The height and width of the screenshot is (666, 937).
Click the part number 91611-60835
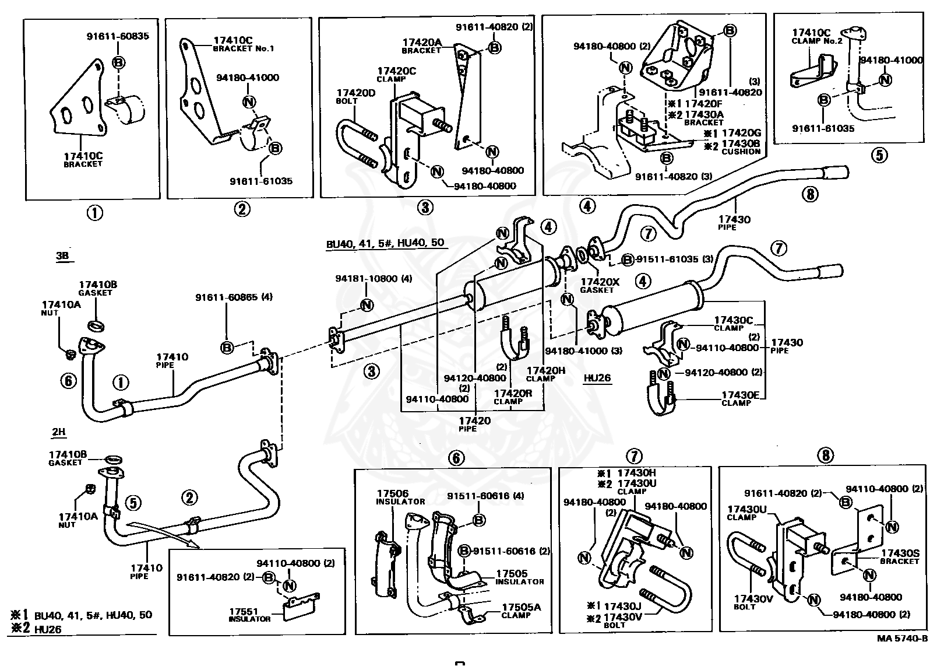tap(118, 36)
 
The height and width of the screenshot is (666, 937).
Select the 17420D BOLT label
tap(356, 97)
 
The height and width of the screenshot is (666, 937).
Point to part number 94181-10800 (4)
tap(374, 279)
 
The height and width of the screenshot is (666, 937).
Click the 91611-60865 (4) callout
tap(234, 297)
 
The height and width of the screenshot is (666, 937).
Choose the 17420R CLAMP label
tap(513, 397)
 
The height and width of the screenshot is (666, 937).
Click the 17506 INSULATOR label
tap(400, 497)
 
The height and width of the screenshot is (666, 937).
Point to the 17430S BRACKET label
tap(900, 557)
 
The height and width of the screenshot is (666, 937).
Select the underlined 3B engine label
tap(62, 256)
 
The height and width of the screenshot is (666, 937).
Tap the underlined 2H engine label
tap(58, 432)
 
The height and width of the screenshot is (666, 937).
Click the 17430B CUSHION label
tap(740, 148)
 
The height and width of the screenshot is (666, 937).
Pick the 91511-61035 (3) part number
tap(674, 259)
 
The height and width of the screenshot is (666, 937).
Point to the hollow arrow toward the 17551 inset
tap(163, 535)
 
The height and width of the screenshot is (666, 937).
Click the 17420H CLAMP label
tap(545, 374)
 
